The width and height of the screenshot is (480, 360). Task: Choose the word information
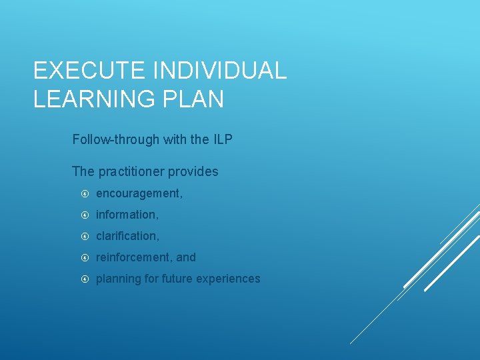tap(127, 215)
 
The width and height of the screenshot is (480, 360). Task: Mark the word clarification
tap(127, 236)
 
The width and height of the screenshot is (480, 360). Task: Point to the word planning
tap(117, 279)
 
